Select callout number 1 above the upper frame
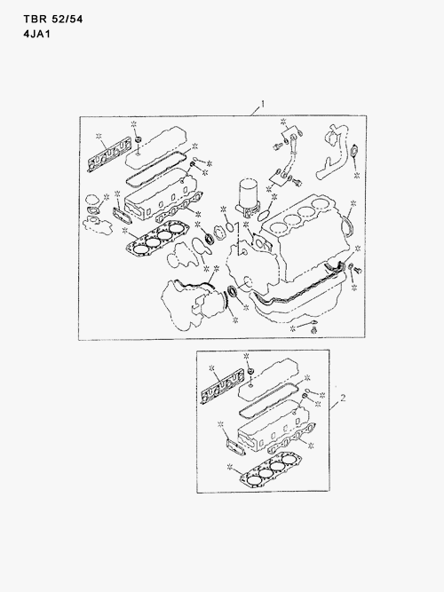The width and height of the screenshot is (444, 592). pos(262,105)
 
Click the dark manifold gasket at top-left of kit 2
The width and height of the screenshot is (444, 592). pos(222,387)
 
